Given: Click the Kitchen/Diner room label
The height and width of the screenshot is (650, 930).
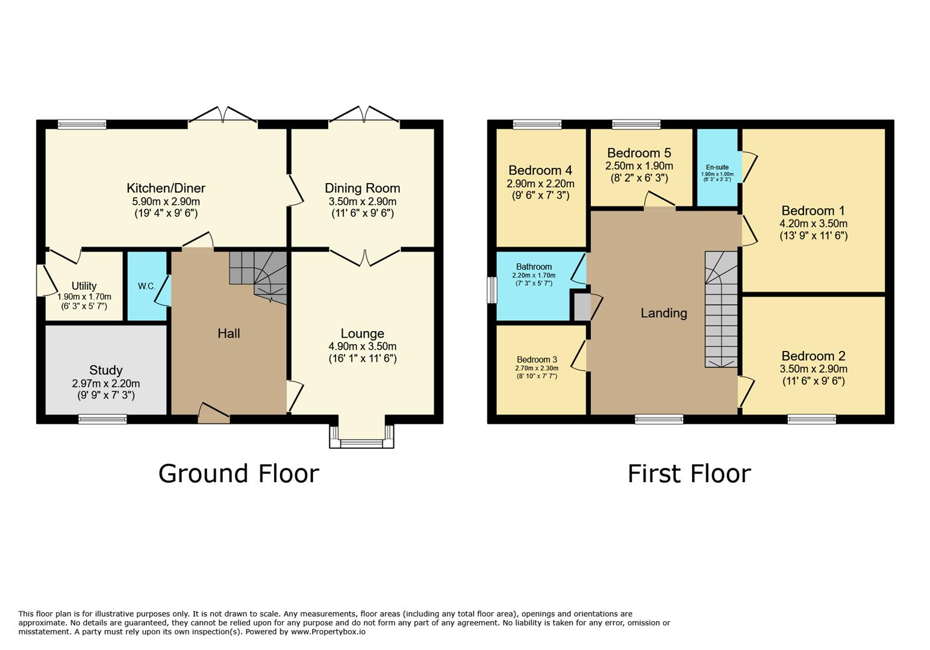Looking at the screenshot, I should (166, 188).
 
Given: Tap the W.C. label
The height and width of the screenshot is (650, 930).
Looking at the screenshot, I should (146, 286).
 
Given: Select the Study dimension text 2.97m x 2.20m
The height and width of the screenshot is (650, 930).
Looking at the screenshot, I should (106, 383).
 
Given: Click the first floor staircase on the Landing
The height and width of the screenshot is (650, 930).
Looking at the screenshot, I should (721, 310).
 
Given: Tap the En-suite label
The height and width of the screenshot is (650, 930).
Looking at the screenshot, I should (717, 167).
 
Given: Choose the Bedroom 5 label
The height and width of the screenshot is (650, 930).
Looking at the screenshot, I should (638, 153).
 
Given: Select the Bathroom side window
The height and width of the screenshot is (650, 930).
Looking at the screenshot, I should (492, 290).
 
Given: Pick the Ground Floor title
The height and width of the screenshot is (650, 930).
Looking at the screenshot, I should (239, 474).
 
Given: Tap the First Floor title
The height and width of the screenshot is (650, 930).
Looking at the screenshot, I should (689, 474).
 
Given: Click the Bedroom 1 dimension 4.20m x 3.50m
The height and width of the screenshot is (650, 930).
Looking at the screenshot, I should (813, 223).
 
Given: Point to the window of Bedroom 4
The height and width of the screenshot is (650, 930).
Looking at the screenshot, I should (537, 125).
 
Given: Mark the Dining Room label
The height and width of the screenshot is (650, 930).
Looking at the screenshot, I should (362, 188).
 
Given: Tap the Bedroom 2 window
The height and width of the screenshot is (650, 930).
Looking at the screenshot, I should (811, 419).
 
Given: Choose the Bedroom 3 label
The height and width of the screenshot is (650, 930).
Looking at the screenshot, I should (537, 359).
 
